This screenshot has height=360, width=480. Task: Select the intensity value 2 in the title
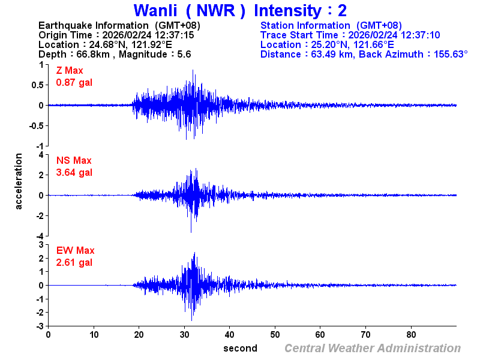coord(343,11)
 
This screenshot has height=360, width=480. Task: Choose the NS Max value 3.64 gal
coord(74,173)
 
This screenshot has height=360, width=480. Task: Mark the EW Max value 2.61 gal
coord(74,263)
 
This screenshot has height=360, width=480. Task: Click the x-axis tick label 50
coord(275,334)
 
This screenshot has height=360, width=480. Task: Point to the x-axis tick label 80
coord(411,334)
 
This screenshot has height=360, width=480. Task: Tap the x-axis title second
coord(240,348)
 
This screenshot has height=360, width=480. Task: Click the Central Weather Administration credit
coord(373,348)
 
